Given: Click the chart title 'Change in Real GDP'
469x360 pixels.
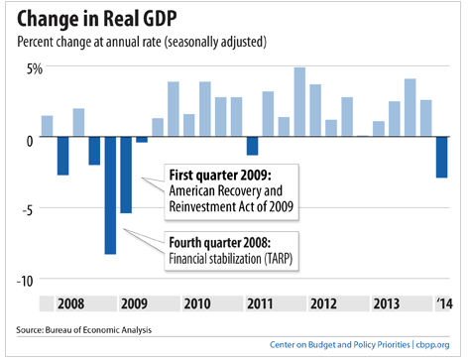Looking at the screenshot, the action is (x=97, y=18).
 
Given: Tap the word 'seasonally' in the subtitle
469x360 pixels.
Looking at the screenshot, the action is (x=191, y=43).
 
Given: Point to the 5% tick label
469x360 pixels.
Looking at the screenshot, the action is (x=35, y=68).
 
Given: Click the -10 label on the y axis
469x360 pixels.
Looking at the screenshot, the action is (x=25, y=281).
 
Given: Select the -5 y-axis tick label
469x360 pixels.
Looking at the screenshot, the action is (x=28, y=210).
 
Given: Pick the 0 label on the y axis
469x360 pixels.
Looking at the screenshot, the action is (x=30, y=141).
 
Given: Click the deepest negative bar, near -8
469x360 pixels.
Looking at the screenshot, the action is (x=110, y=195).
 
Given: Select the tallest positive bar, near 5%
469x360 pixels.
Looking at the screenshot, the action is (x=299, y=102).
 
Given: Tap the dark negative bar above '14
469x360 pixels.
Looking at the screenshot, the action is (x=441, y=158).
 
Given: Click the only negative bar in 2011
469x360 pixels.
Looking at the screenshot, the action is (x=253, y=146).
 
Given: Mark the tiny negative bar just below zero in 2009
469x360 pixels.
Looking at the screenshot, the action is (x=142, y=140).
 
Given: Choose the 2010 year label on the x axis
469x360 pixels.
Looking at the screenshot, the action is (x=197, y=303).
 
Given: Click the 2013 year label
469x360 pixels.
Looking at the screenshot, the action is (x=387, y=303).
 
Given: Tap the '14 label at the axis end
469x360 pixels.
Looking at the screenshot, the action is (x=444, y=303).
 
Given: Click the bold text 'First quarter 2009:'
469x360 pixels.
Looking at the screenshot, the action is (x=220, y=176).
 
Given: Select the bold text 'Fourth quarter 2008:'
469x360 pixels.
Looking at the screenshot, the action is (x=220, y=243).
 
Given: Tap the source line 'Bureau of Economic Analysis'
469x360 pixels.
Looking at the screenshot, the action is (x=98, y=330).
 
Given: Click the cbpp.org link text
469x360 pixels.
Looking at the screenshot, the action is (x=432, y=345).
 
